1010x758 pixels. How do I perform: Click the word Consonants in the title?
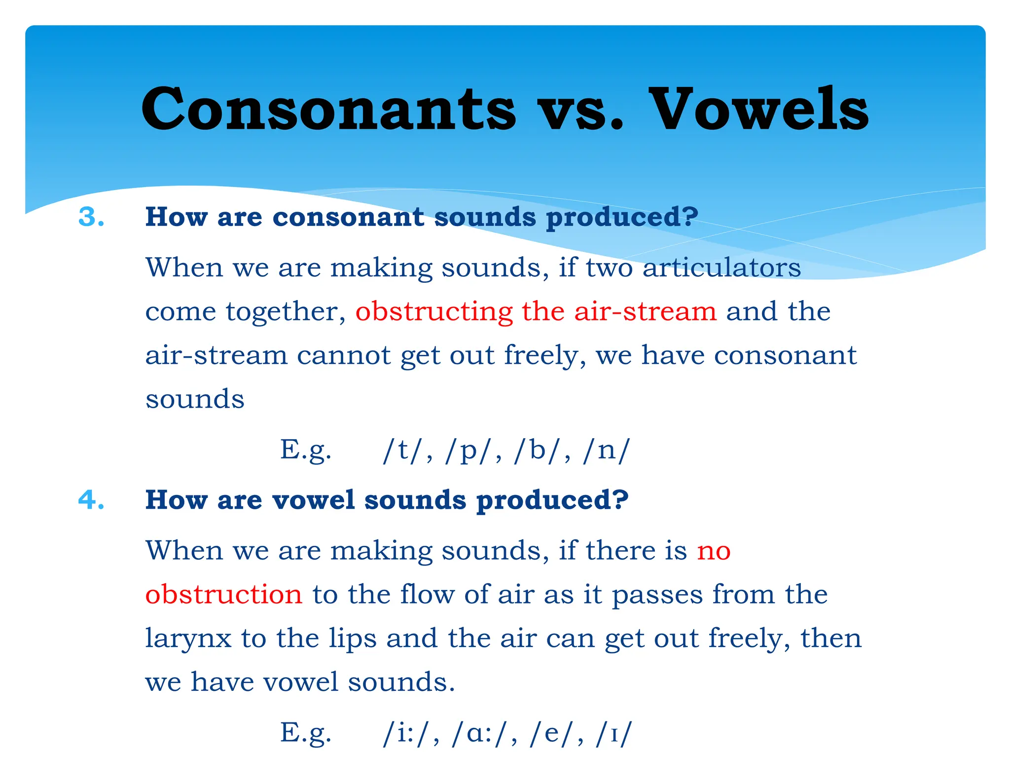328,110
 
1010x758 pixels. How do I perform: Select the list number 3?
92,217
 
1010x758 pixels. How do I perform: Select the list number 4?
92,500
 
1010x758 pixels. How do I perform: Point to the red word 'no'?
714,551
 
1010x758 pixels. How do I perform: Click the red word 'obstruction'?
223,595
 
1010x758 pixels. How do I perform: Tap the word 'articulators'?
721,268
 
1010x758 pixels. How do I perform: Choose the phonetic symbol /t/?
402,450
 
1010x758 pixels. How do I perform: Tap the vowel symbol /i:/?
406,733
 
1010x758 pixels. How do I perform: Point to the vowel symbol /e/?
551,733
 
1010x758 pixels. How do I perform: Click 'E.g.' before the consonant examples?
306,450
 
